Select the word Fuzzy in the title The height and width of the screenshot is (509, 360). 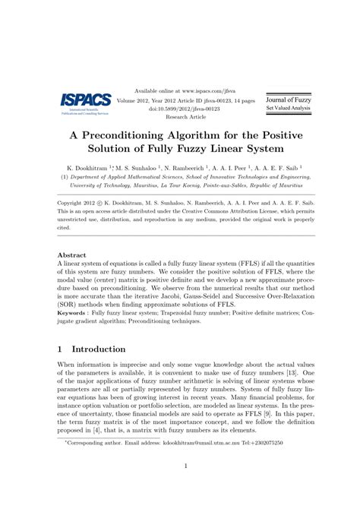[x=204, y=150]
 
